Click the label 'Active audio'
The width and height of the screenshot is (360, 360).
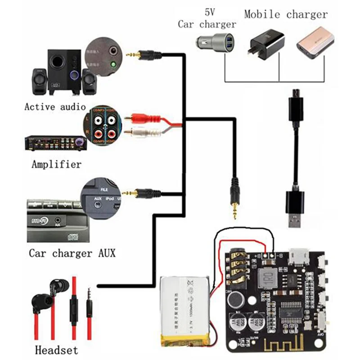coord(54,107)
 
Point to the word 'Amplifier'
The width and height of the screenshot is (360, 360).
coord(57,164)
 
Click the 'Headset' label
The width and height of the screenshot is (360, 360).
coord(56,350)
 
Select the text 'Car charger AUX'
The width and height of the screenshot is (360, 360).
coord(72,253)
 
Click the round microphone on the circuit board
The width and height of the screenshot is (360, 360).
coord(235,298)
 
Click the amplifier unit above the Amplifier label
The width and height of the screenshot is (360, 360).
coord(54,144)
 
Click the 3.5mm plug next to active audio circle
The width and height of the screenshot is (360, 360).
coord(142,55)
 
